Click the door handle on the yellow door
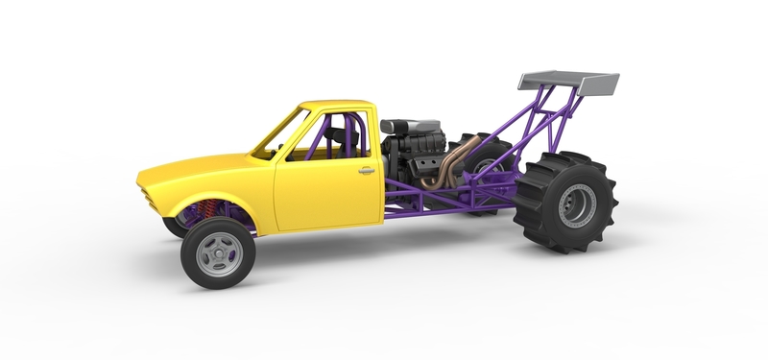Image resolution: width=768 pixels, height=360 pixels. tap(366, 171)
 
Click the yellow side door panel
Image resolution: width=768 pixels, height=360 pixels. tap(326, 192)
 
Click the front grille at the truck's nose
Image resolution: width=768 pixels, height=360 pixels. tap(145, 192)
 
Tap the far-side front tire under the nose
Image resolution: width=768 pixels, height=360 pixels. tap(173, 227)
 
